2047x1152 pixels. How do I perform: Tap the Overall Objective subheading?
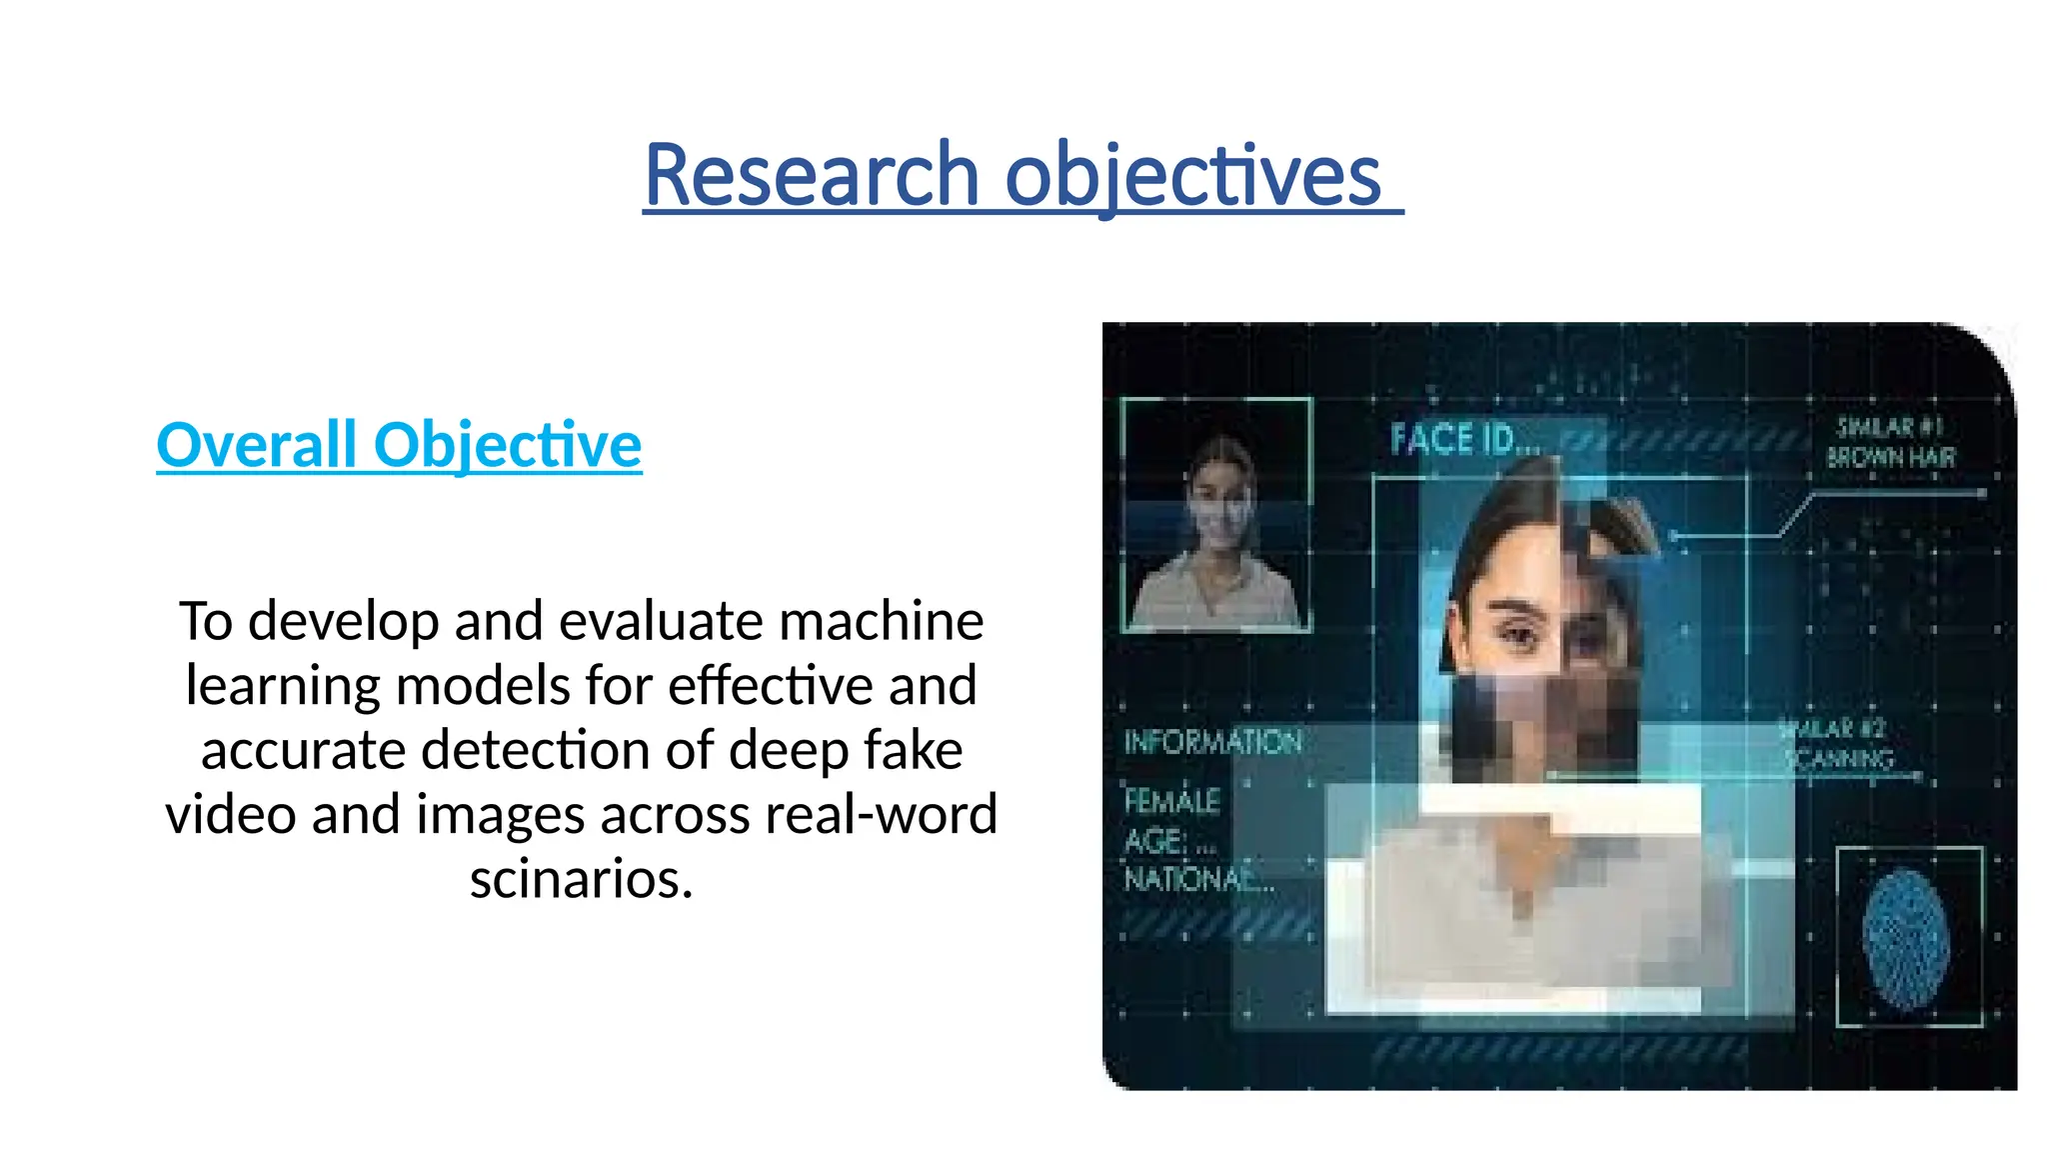coord(399,445)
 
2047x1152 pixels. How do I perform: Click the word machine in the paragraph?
coord(881,621)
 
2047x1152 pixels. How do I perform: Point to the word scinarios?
coord(581,879)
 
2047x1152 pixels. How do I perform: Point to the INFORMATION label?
coord(1212,742)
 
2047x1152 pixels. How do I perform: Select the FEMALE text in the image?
coord(1171,801)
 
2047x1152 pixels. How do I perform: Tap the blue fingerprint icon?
coord(1907,938)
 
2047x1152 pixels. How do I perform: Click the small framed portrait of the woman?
coord(1215,515)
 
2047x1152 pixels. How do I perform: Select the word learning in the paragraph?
coord(283,686)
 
